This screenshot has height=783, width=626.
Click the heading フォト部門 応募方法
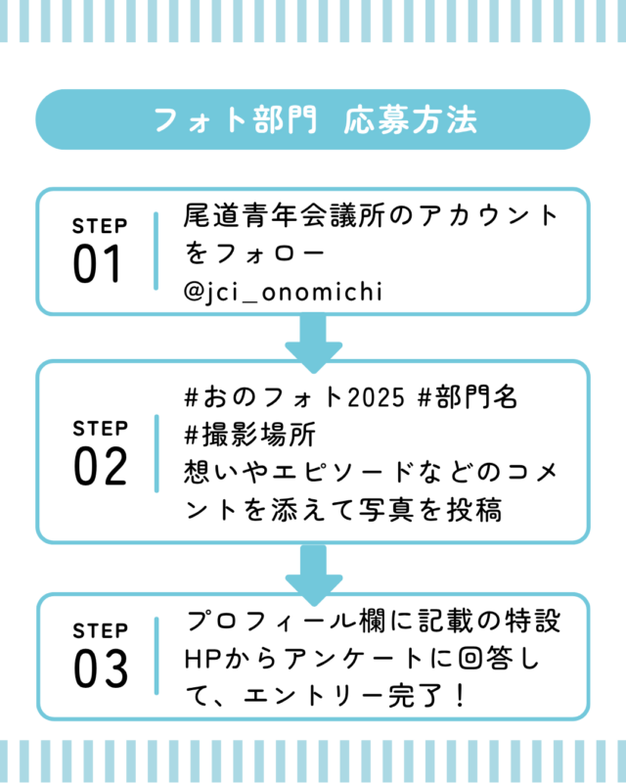(313, 119)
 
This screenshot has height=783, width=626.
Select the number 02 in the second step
(100, 467)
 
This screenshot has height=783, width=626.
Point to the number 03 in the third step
(100, 668)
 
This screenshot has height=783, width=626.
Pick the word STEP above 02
(100, 429)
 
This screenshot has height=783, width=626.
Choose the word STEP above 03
(100, 630)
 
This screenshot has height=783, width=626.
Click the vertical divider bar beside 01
(156, 251)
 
